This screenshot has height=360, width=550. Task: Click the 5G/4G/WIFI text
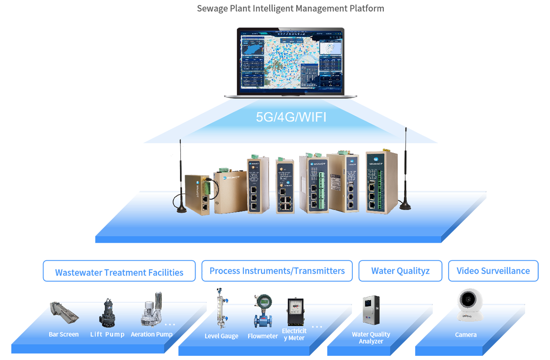click(x=291, y=117)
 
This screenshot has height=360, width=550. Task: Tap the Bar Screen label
click(x=64, y=334)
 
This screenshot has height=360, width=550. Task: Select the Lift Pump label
click(x=107, y=334)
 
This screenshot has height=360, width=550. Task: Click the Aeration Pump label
click(x=152, y=334)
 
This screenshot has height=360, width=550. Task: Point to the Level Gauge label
click(x=221, y=336)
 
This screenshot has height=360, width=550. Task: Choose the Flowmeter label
click(x=263, y=336)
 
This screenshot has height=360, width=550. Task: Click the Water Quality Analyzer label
click(x=371, y=338)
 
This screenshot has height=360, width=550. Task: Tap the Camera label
click(x=466, y=335)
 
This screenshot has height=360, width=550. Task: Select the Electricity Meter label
click(x=294, y=334)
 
